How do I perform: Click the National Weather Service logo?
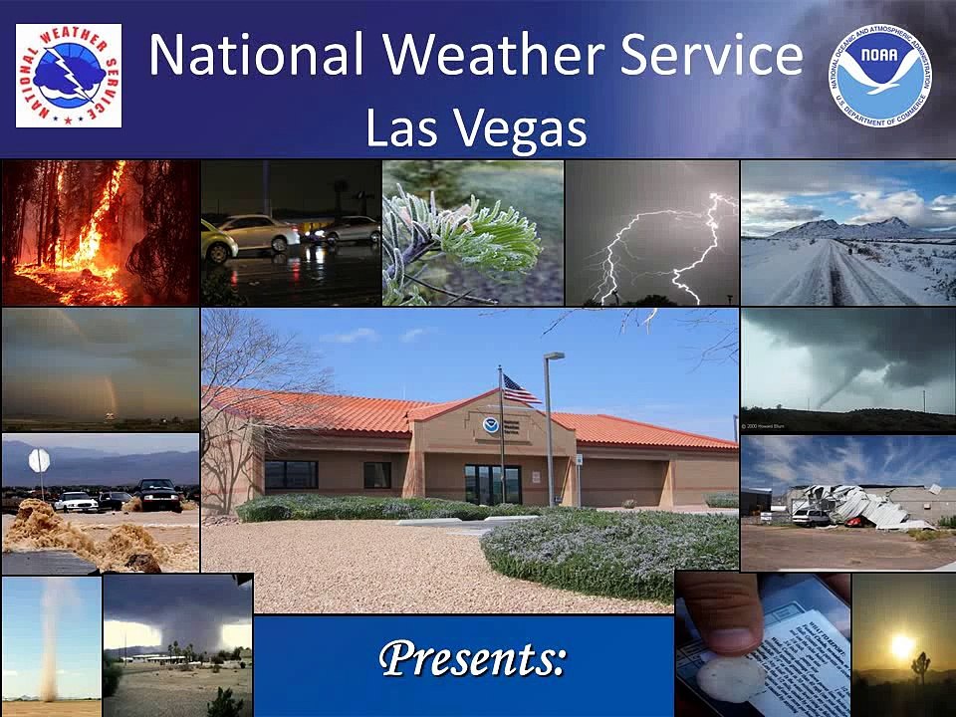[69, 76]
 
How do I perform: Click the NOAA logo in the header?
[879, 75]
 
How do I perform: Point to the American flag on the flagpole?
[519, 389]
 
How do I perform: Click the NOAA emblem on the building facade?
[490, 425]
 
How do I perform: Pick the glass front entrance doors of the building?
[492, 484]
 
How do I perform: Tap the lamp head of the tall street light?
[555, 357]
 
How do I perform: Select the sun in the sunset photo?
[902, 647]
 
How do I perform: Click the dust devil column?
[48, 637]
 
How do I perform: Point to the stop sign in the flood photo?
[39, 460]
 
